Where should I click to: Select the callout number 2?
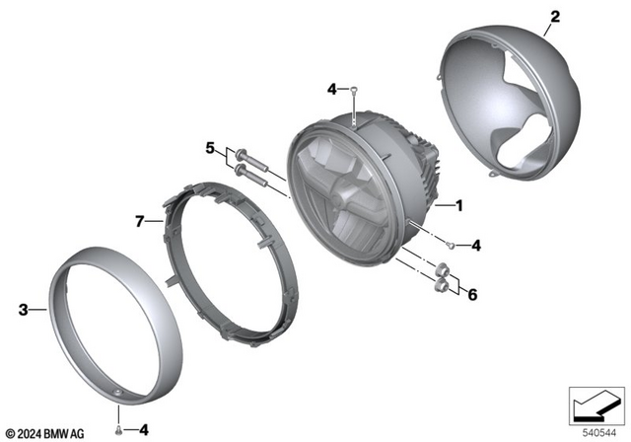pos(554,17)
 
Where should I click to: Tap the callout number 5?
pos(209,149)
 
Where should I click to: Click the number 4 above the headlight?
pos(332,90)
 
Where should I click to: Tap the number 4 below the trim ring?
pos(144,430)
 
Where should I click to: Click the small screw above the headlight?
pos(353,95)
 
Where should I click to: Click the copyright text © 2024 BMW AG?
pos(45,432)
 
